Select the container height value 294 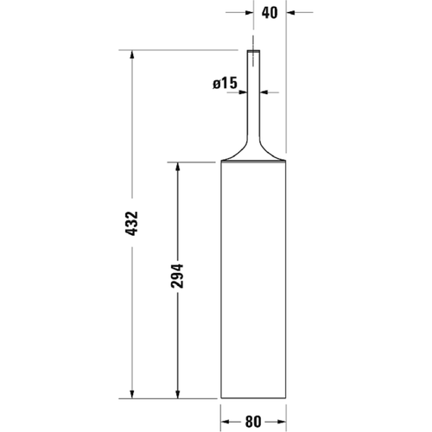[179, 278]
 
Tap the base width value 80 [253, 422]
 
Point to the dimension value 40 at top [269, 13]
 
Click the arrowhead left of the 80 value [226, 422]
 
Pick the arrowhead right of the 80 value [281, 422]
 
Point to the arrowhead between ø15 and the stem [242, 92]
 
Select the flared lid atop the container [252, 156]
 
